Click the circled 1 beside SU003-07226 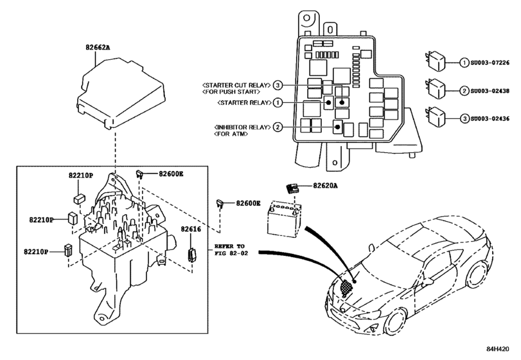pos(464,63)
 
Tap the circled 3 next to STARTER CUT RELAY pos(278,85)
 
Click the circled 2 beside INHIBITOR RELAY pos(278,127)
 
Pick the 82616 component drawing pos(191,253)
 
